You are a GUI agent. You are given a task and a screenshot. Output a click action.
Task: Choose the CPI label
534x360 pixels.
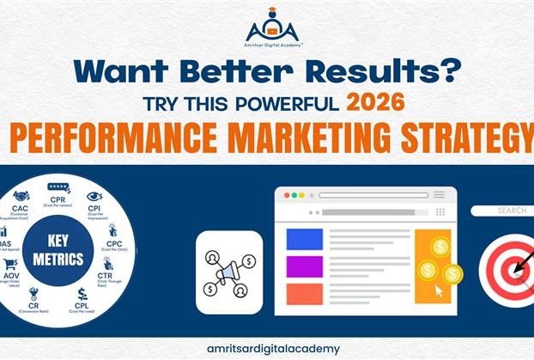pos(94,211)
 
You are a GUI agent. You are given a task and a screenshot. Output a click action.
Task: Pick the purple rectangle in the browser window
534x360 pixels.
pos(304,266)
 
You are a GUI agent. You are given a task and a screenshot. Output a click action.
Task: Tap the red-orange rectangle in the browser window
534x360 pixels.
pos(304,293)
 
